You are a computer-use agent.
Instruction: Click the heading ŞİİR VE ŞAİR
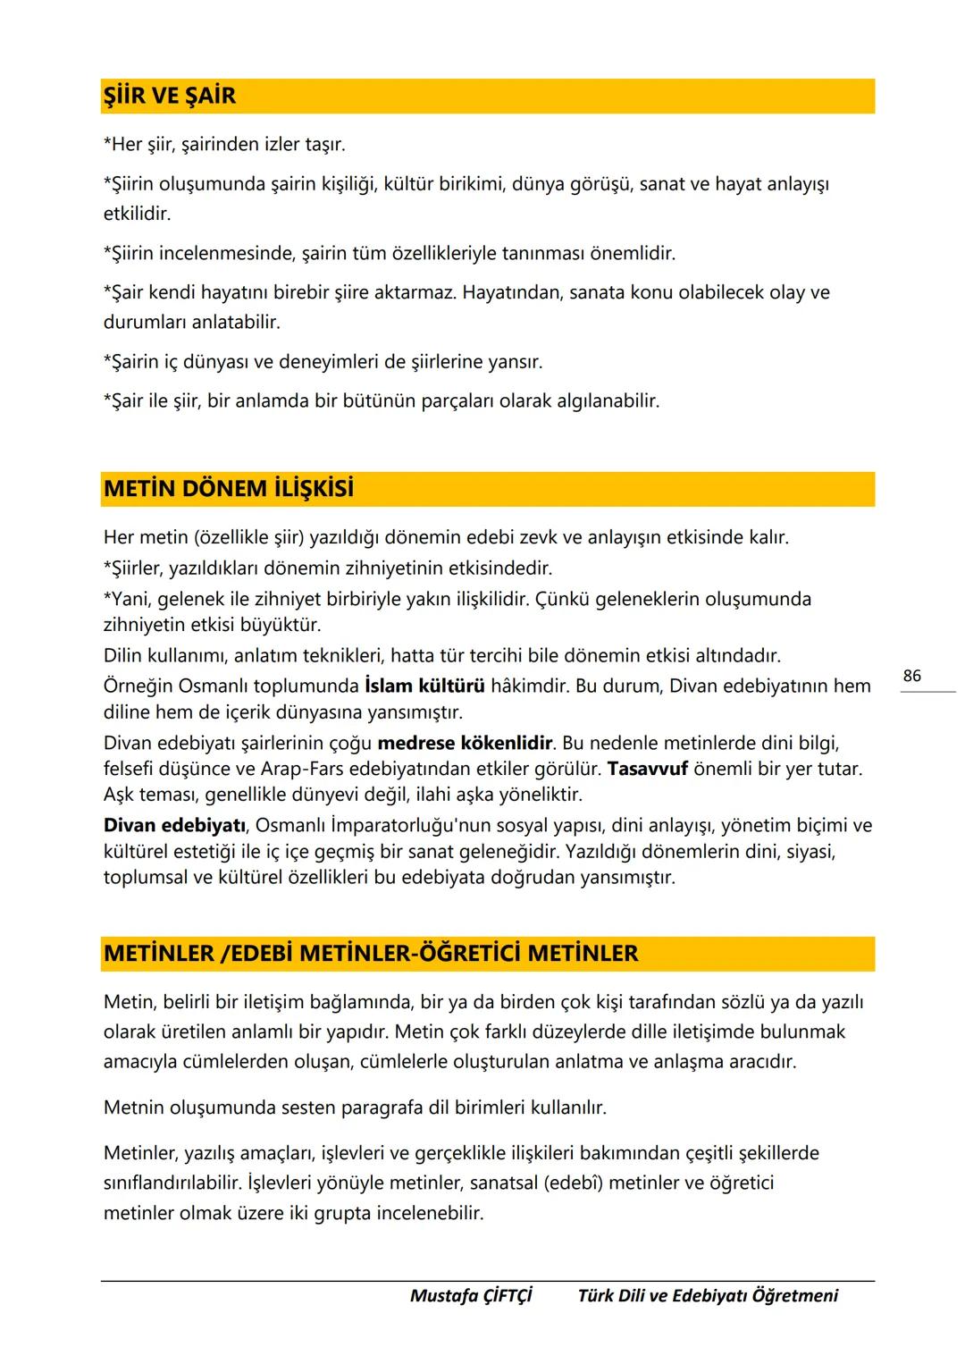(x=170, y=97)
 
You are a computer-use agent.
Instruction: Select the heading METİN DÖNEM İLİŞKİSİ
(x=228, y=490)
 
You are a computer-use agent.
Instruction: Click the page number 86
(x=911, y=676)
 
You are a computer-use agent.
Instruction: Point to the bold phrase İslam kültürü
(x=424, y=686)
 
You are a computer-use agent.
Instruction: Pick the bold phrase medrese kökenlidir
(x=465, y=743)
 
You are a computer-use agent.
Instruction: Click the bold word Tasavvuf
(x=647, y=769)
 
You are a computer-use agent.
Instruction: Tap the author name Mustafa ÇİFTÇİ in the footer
(x=471, y=1295)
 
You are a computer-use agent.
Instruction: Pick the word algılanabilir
(x=603, y=401)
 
